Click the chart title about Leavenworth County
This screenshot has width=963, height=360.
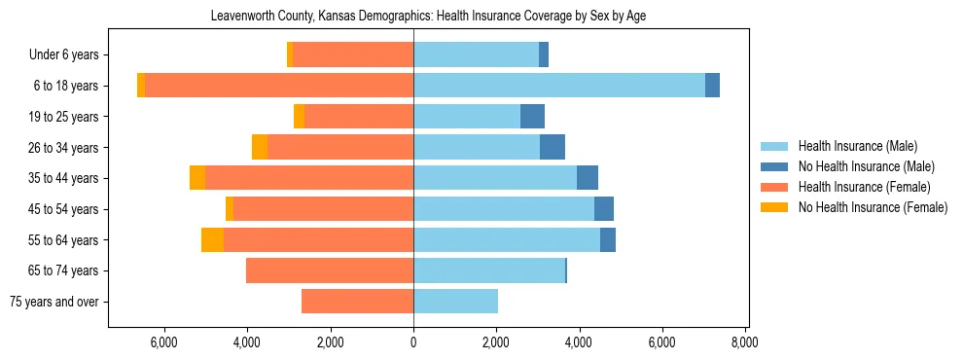429,17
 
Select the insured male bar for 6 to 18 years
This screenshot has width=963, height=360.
559,86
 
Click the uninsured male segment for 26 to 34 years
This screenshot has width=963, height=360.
553,147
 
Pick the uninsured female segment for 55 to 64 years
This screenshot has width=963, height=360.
212,239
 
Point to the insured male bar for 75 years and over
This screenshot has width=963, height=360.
455,302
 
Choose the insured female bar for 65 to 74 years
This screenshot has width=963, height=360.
330,270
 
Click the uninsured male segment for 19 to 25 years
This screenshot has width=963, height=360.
532,117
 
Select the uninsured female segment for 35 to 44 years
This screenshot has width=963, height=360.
197,178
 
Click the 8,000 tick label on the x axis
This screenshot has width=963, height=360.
745,342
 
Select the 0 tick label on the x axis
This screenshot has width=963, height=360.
413,342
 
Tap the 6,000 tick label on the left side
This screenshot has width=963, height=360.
164,342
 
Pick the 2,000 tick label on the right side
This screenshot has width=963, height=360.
496,342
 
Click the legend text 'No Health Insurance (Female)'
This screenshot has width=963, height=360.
872,207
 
